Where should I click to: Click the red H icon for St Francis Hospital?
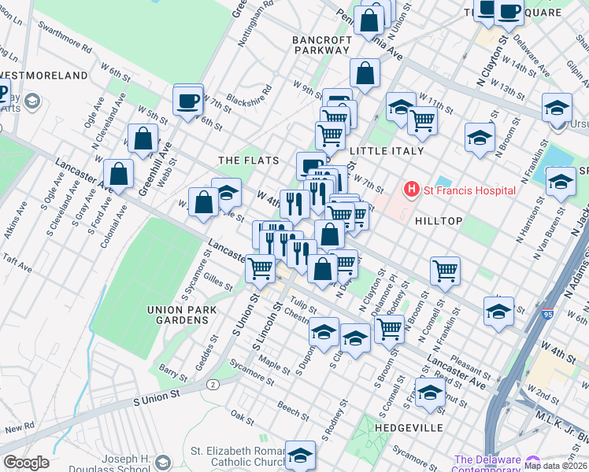point(410,190)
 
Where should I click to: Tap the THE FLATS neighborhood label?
point(248,160)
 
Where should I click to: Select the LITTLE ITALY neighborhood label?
point(387,150)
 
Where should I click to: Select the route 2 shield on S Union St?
point(213,384)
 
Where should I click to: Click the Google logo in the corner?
point(26,462)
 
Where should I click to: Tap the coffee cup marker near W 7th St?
point(188,100)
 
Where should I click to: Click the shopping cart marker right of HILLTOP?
point(445,271)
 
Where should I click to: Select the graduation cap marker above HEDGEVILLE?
point(429,392)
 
